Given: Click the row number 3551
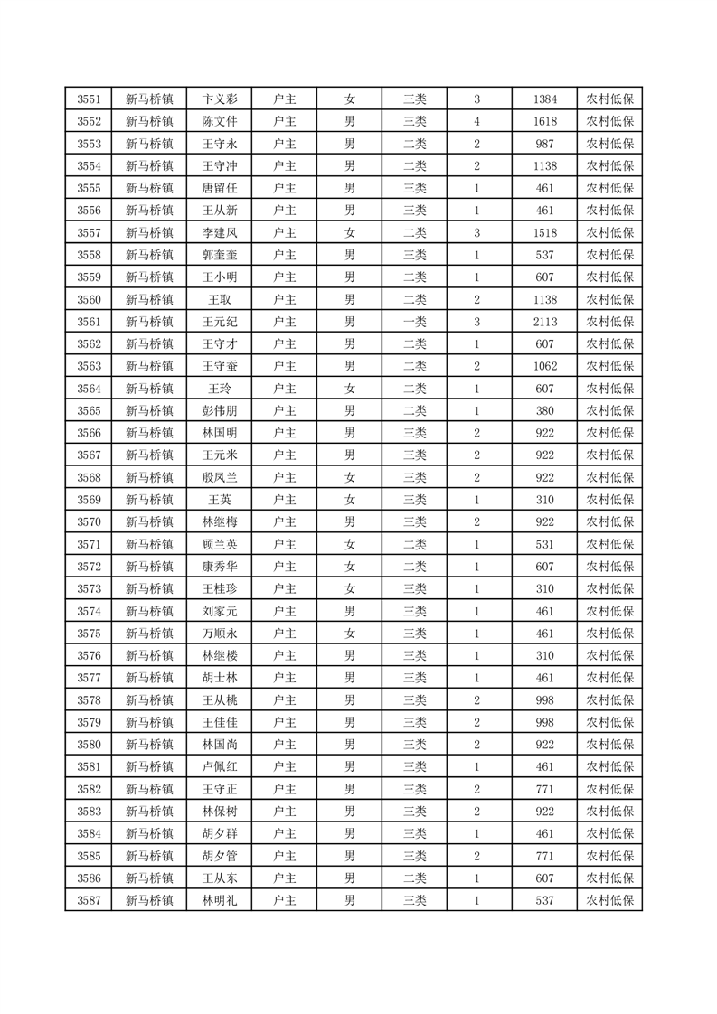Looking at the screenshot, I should pos(89,99).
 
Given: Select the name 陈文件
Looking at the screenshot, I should pos(219,122).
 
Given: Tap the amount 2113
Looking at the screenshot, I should pos(544,322).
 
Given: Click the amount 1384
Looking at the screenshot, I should pos(544,99).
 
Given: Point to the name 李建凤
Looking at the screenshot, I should pos(219,233).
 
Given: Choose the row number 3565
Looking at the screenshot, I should pos(89,411).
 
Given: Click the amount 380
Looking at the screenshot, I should pos(544,411).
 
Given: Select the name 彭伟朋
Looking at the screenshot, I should pos(219,411).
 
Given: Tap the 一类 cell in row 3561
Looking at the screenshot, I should pos(415,322).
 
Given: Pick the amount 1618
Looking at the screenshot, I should pos(544,122).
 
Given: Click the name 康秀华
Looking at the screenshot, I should pos(219,567).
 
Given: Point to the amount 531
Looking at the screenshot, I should pos(544,544).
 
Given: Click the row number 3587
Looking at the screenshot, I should pos(89,900).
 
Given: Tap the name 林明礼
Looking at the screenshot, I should pos(219,900).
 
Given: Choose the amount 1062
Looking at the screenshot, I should pos(544,366).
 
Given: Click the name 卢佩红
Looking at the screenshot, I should pos(219,766).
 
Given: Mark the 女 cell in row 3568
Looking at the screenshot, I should pos(349,477).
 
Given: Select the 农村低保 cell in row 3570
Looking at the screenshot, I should pos(609,522).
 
